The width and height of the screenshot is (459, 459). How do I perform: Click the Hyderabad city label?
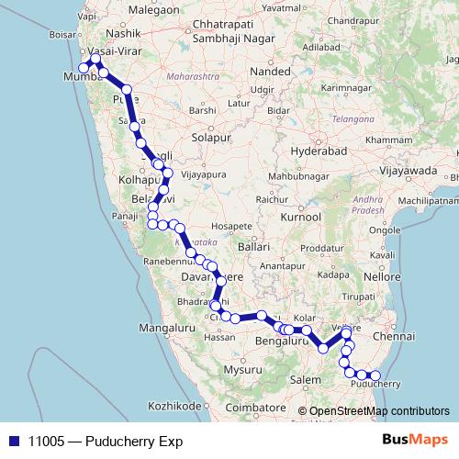(x=315, y=150)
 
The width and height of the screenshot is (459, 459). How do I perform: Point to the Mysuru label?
(x=242, y=370)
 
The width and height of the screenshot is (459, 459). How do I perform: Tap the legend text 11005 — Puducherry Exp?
(x=105, y=442)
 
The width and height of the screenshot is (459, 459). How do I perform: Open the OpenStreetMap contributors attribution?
(x=379, y=410)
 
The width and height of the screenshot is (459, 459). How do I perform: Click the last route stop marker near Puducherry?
(x=375, y=375)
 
